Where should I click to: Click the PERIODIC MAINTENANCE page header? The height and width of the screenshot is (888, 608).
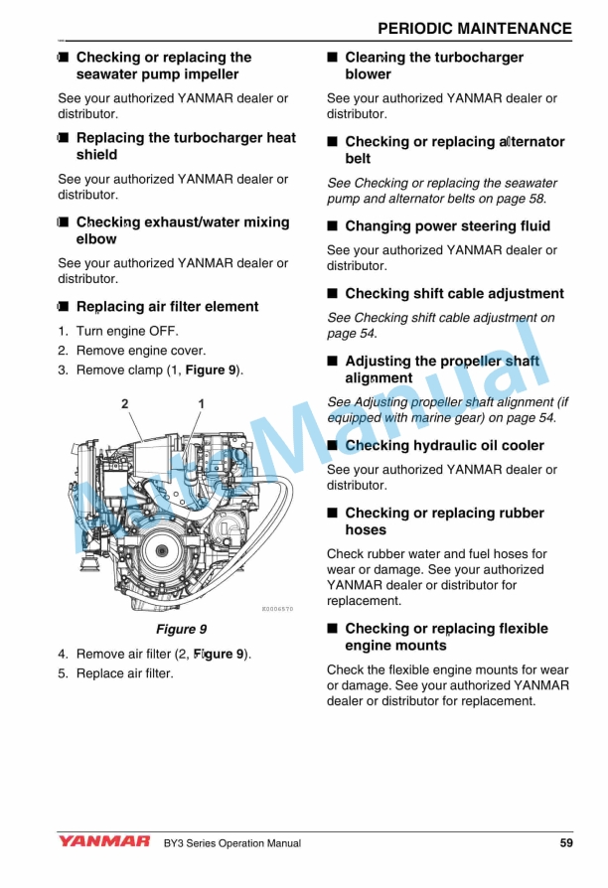pyautogui.click(x=475, y=28)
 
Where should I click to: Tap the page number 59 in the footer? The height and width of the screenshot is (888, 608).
pyautogui.click(x=565, y=843)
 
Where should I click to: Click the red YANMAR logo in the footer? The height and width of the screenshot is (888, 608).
pyautogui.click(x=103, y=842)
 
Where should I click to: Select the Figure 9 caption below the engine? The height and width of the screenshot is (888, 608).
pyautogui.click(x=181, y=629)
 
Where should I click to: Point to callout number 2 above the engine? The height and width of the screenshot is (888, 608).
pyautogui.click(x=125, y=403)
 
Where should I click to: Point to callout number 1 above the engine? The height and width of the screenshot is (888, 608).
pyautogui.click(x=201, y=403)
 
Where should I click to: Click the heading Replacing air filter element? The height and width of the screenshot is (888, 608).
pyautogui.click(x=166, y=307)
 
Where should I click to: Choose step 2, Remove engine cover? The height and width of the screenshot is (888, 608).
pyautogui.click(x=140, y=351)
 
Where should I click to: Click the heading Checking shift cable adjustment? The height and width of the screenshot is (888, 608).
pyautogui.click(x=454, y=294)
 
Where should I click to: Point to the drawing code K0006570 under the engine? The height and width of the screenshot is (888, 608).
pyautogui.click(x=277, y=608)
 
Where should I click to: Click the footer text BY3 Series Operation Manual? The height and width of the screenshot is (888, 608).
pyautogui.click(x=232, y=843)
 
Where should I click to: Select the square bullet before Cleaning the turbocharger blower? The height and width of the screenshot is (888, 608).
pyautogui.click(x=333, y=58)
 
